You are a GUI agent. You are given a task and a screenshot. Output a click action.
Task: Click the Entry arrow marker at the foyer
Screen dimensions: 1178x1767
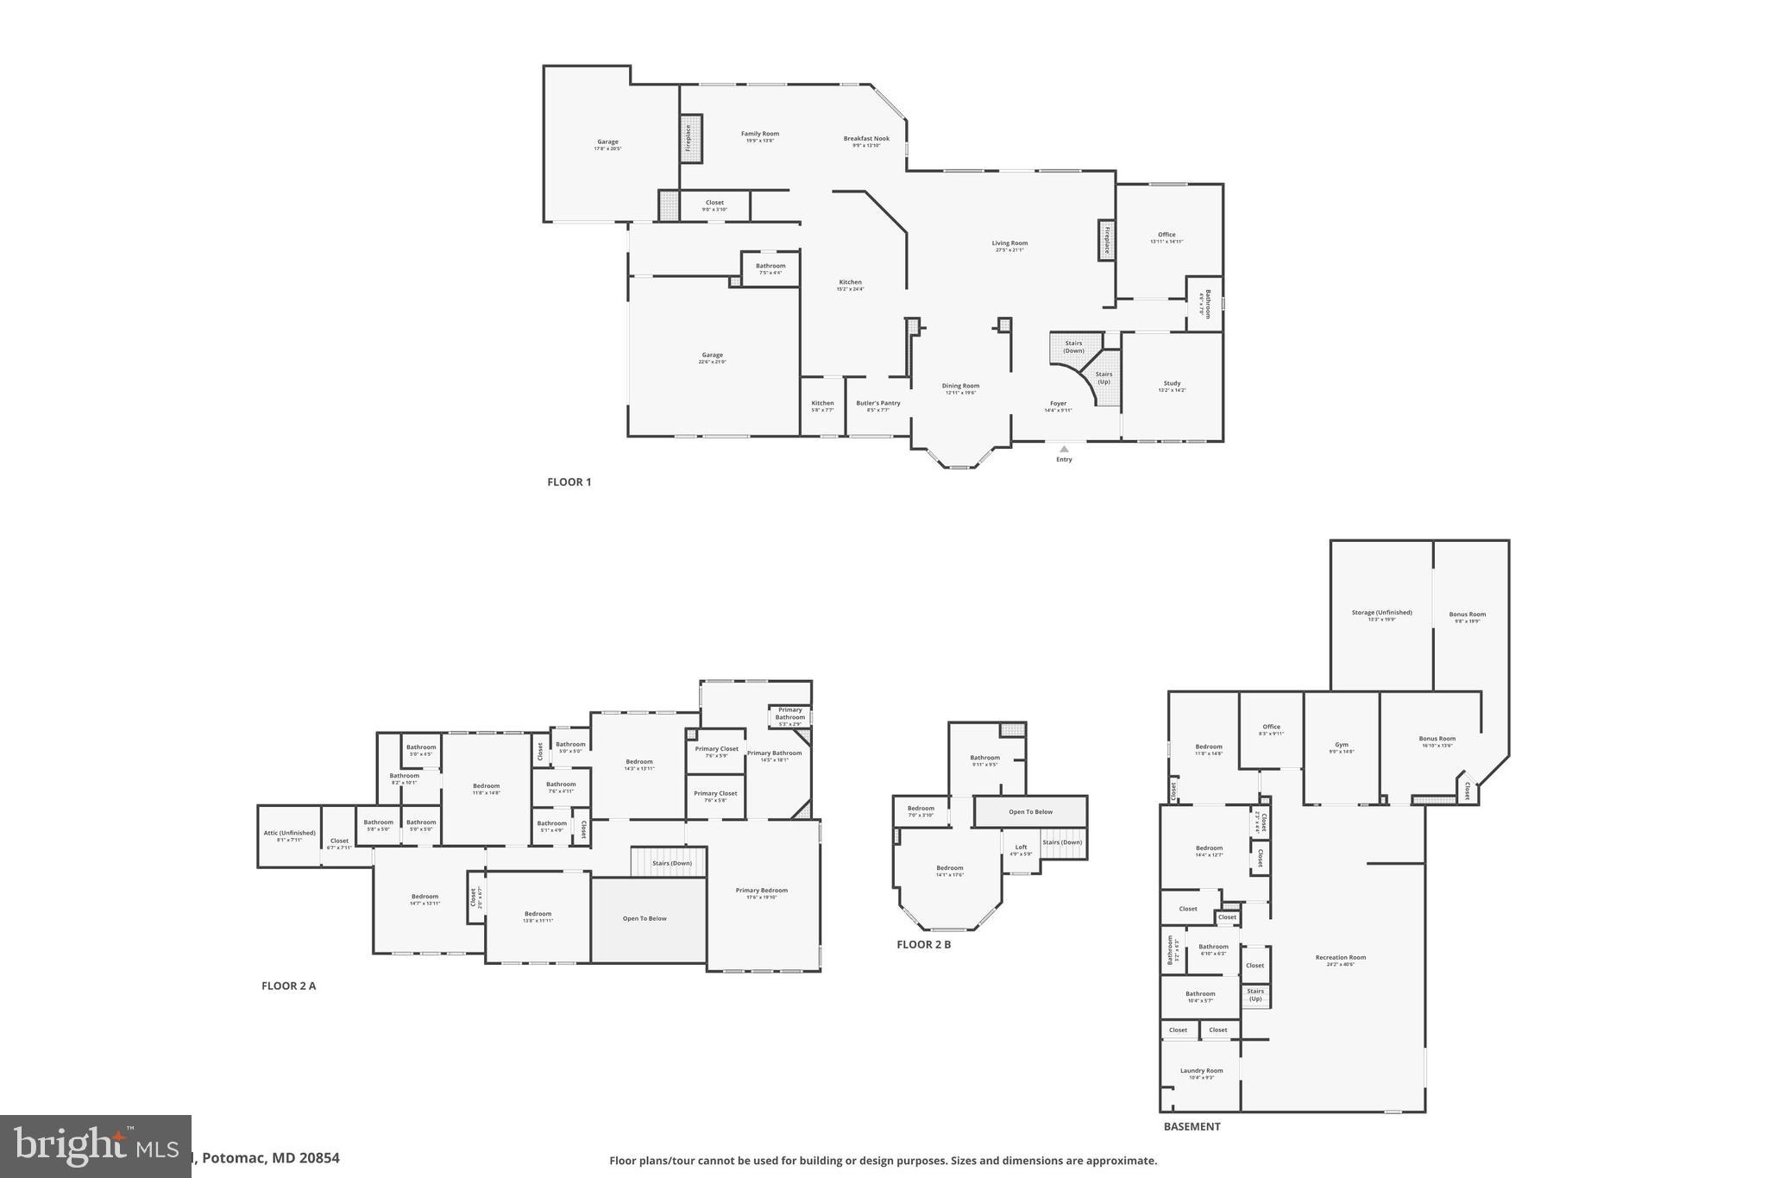1064,449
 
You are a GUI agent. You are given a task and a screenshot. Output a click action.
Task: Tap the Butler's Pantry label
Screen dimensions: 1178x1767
877,403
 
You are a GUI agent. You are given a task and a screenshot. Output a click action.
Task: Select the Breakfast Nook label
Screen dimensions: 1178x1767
866,138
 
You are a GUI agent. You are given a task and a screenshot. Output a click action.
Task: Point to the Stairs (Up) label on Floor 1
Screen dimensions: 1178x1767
1104,377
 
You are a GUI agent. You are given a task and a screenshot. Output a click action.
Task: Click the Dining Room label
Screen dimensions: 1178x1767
960,386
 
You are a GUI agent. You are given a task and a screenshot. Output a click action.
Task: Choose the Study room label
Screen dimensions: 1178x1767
1172,383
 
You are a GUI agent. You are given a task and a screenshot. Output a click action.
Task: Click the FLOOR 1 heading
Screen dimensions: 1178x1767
569,482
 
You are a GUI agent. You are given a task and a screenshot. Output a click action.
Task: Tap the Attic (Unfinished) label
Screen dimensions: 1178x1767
289,833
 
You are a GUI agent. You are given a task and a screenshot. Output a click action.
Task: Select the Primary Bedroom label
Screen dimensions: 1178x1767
761,890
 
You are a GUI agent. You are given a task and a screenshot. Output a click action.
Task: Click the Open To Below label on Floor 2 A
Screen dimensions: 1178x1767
645,918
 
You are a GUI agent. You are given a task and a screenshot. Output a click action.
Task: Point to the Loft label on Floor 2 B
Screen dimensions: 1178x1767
1021,847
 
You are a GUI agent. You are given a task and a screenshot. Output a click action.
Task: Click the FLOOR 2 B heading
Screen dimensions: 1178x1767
923,944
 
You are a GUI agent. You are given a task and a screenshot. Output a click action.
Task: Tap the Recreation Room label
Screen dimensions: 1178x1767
1340,957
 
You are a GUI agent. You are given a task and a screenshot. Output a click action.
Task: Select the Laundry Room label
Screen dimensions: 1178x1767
1201,1070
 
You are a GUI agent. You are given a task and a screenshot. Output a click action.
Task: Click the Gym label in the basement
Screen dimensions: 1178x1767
1341,744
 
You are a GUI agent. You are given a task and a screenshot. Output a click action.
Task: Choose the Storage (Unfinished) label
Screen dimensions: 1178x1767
1381,612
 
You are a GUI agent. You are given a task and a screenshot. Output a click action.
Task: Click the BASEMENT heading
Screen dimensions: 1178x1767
1192,1126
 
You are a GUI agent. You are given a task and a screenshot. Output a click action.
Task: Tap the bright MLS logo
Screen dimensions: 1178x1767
95,1146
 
